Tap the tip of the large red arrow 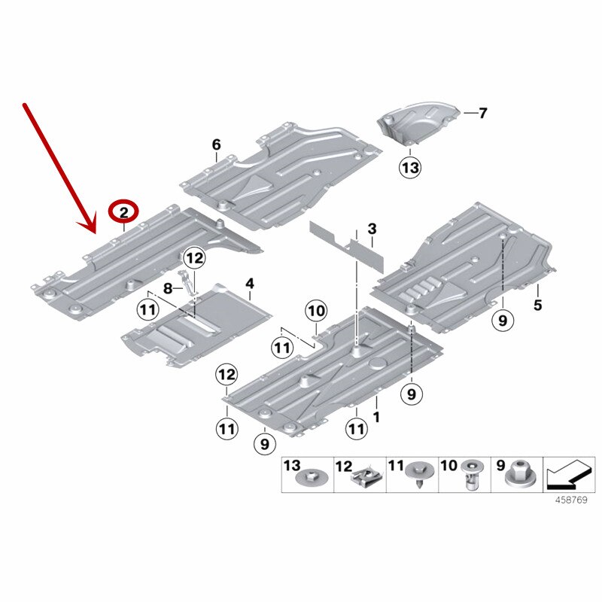95,233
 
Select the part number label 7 482,113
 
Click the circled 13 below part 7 410,168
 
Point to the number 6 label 217,144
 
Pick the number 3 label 372,229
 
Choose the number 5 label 537,305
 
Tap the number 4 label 250,284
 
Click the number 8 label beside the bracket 168,288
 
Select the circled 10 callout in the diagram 316,311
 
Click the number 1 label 376,417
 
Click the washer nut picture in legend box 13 312,478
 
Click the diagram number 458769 571,500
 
